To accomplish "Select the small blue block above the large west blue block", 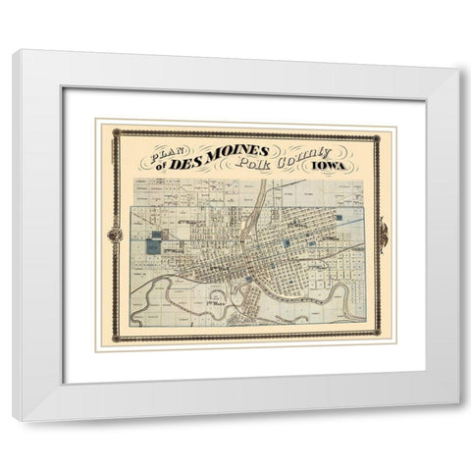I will [x=156, y=235].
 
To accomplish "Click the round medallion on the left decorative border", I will [x=116, y=235].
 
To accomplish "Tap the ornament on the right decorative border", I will [x=383, y=235].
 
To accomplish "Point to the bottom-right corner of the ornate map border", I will [x=380, y=337].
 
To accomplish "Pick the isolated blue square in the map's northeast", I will [x=339, y=217].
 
